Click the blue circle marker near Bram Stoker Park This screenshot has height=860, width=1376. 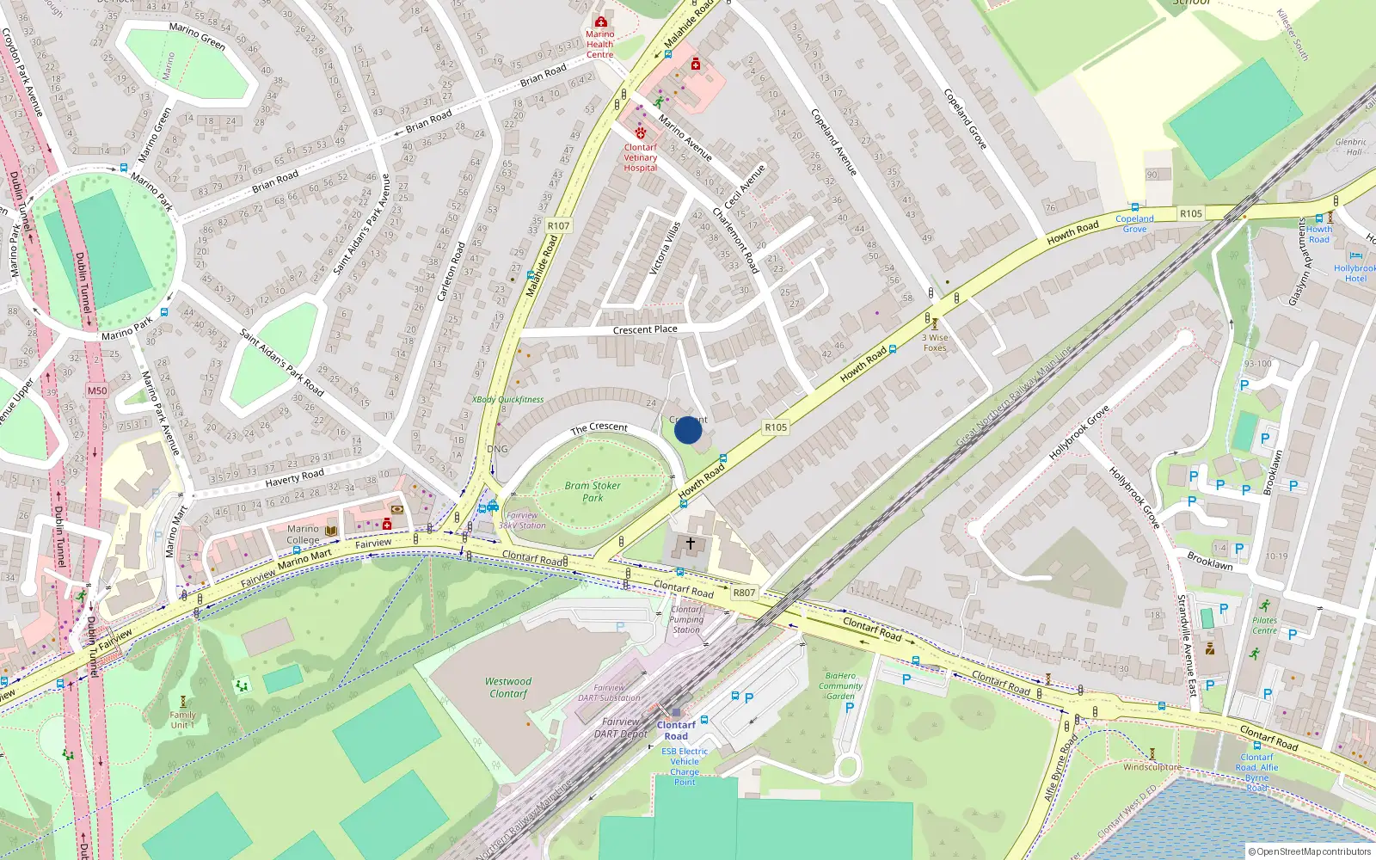click(688, 430)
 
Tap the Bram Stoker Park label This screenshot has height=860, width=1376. click(593, 491)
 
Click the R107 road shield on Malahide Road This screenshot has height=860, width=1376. click(558, 226)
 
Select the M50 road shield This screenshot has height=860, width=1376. click(97, 390)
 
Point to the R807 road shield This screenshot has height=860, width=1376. click(744, 593)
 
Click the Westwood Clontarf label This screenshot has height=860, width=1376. click(508, 687)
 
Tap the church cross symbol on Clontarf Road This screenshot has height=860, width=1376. click(690, 544)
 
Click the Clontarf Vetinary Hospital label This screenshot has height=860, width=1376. click(641, 157)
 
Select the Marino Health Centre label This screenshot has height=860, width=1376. click(599, 45)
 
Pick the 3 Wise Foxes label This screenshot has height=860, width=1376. click(935, 342)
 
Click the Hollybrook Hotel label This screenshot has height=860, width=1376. click(1354, 273)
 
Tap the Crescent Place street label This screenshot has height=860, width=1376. click(645, 329)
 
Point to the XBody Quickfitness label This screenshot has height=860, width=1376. click(508, 399)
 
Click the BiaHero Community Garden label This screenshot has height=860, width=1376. click(840, 685)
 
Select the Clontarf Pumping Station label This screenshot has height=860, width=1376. click(686, 619)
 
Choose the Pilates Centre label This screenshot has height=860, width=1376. click(1264, 625)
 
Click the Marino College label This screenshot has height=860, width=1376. click(303, 535)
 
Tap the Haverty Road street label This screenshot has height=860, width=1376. click(294, 477)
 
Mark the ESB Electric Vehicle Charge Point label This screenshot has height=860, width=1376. click(685, 766)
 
